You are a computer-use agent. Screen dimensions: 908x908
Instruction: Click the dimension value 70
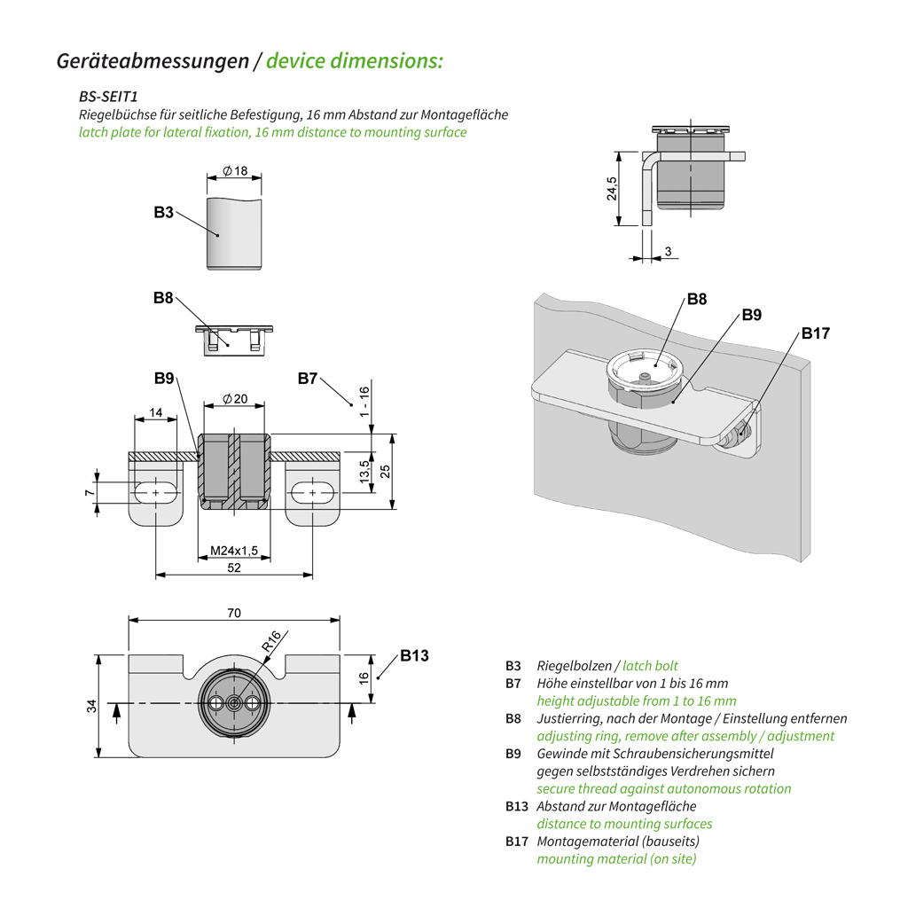[234, 613]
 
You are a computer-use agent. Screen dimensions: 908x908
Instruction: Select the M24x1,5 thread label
[233, 552]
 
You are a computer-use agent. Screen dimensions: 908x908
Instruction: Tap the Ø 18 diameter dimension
[235, 170]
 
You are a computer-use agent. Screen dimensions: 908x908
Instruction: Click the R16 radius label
[272, 641]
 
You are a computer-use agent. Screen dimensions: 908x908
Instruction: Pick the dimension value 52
[234, 567]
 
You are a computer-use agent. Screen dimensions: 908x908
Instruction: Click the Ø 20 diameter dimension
[235, 399]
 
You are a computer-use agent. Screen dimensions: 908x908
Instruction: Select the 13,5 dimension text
[363, 472]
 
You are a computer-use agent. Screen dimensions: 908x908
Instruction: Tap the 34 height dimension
[92, 706]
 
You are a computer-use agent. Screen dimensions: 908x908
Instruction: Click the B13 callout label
[413, 655]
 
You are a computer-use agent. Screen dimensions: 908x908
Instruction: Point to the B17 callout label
[815, 333]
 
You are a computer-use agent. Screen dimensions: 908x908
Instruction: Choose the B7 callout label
[308, 379]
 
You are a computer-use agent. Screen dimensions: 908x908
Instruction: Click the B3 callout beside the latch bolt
[162, 213]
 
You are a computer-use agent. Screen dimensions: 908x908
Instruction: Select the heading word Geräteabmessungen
[153, 61]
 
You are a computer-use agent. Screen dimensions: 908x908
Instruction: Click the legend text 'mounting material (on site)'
[616, 858]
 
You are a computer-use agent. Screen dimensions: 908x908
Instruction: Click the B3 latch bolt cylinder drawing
[235, 233]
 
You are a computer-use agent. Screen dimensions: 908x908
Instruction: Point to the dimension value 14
[156, 412]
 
